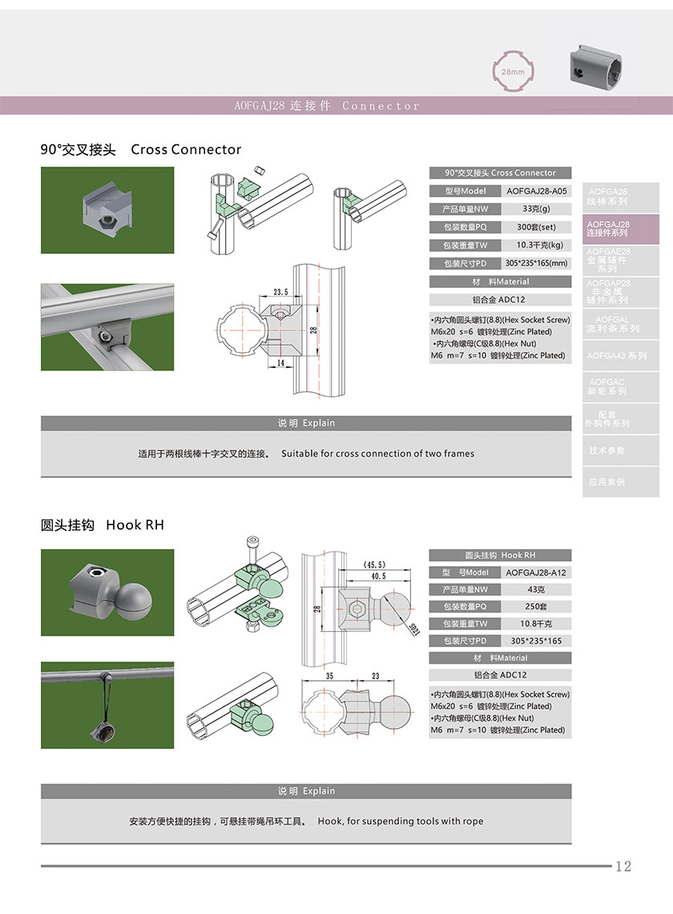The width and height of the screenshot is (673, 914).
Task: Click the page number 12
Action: tap(623, 866)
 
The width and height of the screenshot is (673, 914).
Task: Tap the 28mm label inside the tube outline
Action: tap(513, 72)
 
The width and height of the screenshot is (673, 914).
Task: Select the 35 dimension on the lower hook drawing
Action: tap(329, 676)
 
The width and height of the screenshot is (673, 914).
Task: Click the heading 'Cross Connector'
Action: tap(186, 149)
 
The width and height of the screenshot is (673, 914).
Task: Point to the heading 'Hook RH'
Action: tap(135, 525)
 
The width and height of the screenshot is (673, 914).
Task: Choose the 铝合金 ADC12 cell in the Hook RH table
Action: tap(500, 675)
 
